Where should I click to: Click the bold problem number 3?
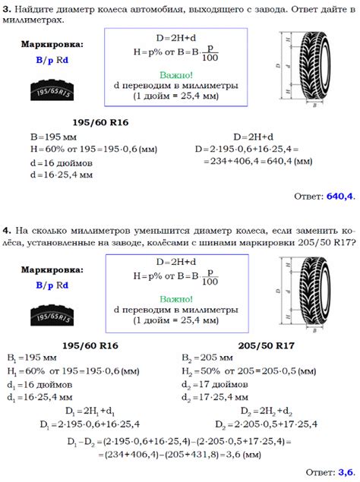pos(6,8)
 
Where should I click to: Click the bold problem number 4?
pos(6,230)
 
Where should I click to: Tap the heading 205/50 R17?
pos(264,345)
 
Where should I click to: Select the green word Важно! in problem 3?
pos(176,74)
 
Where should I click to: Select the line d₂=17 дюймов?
pos(210,384)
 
